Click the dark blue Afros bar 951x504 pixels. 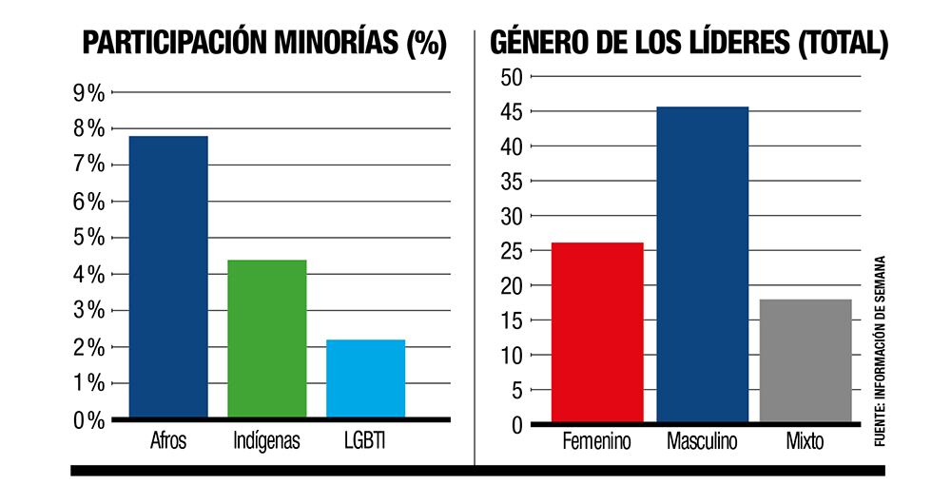[x=168, y=276]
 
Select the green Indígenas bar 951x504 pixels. [x=267, y=338]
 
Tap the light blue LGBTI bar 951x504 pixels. [x=365, y=378]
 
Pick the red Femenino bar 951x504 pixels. [x=597, y=333]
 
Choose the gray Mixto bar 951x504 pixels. [x=805, y=361]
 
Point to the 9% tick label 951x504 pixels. [x=88, y=92]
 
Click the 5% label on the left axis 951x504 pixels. [x=88, y=238]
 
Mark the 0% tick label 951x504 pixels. [x=88, y=420]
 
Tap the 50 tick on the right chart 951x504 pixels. [x=512, y=77]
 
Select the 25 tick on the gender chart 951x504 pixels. [x=512, y=251]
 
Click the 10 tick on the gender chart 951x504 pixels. [x=512, y=356]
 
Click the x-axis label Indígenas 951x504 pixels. [x=267, y=441]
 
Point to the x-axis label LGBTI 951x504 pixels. [x=365, y=441]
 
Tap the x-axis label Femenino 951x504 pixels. [x=597, y=443]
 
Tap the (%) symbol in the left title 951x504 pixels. [x=426, y=44]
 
